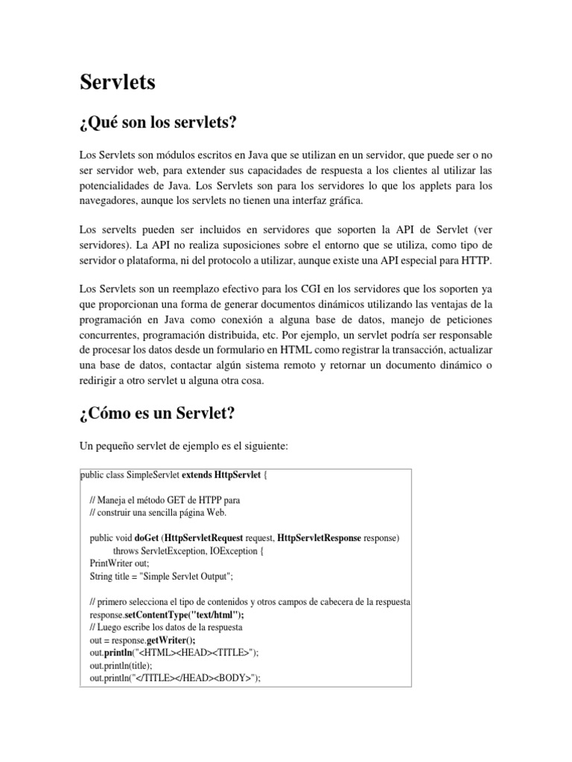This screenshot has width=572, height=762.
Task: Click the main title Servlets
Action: (x=118, y=83)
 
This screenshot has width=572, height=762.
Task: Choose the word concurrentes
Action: (x=110, y=336)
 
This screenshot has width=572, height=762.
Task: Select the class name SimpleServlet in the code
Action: (x=153, y=476)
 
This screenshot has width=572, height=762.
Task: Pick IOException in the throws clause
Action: (x=232, y=551)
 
